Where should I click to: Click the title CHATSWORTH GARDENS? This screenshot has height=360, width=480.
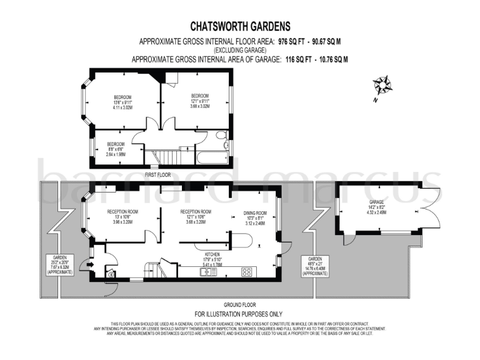pyautogui.click(x=240, y=26)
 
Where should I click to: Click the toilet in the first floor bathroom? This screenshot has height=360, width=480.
pyautogui.click(x=221, y=136)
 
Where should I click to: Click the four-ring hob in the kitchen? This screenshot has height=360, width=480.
pyautogui.click(x=247, y=271)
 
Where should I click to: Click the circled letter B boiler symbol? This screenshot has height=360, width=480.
pyautogui.click(x=112, y=273)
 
